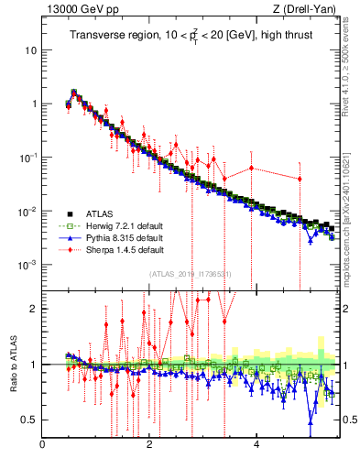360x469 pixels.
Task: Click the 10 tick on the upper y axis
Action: [30, 49]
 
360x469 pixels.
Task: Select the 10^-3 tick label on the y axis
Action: [28, 266]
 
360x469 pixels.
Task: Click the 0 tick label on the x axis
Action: [43, 445]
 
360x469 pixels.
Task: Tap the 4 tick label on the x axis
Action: [256, 445]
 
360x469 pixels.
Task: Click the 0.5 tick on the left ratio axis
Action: [27, 420]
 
